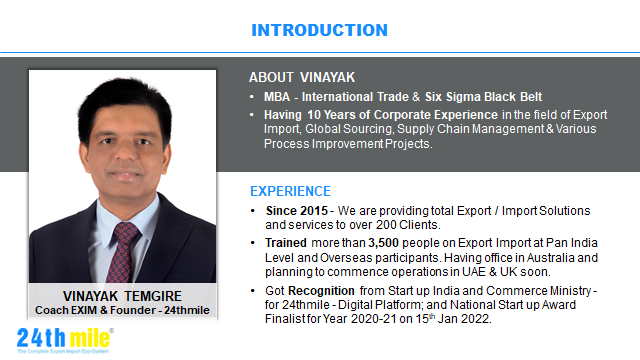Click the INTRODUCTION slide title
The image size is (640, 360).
[319, 30]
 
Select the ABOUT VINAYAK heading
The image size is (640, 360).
[302, 77]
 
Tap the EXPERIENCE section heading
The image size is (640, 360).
[290, 191]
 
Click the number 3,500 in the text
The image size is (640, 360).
[383, 243]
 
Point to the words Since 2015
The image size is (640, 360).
[297, 211]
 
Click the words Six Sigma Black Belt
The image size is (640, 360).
[483, 97]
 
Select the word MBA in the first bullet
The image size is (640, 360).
[277, 97]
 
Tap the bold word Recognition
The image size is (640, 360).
[321, 291]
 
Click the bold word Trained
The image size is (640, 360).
[286, 243]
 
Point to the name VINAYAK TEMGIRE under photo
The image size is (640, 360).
[122, 296]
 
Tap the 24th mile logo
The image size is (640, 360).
[65, 340]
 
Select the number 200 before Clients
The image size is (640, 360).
[386, 225]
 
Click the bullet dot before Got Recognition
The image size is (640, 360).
[253, 291]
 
